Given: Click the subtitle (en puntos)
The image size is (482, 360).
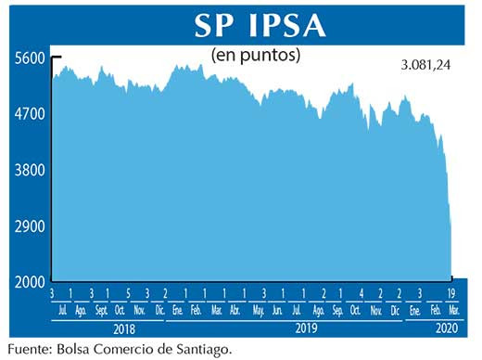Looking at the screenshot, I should click(256, 55).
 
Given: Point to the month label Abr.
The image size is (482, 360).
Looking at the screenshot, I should click(235, 310).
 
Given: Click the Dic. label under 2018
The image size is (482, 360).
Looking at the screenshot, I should click(159, 310).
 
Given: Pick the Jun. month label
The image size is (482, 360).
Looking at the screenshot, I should click(277, 310).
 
